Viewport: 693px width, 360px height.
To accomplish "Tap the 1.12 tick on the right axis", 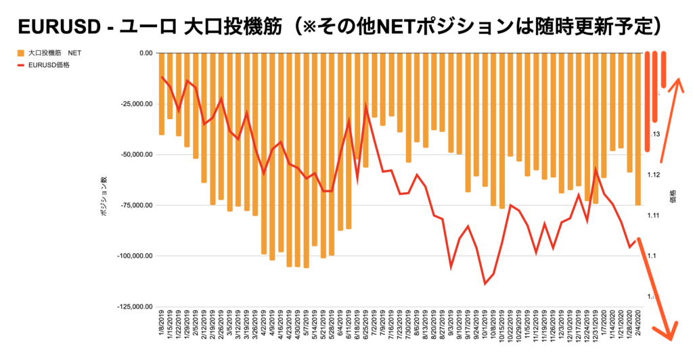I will point(653,175).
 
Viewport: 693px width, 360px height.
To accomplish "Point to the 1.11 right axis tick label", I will point(653,215).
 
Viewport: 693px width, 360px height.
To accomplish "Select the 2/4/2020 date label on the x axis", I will point(638,325).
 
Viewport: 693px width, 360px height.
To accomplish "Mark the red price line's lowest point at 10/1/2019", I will point(485,284).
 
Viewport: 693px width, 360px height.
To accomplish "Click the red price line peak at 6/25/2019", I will point(366,106).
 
